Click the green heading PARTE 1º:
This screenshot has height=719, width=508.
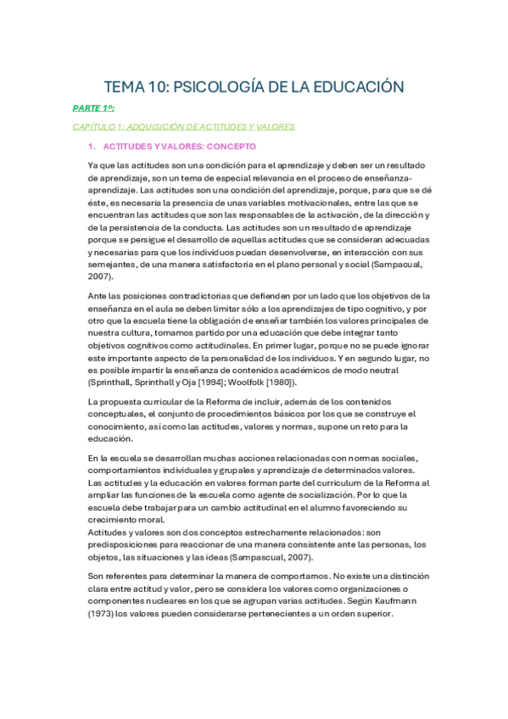(x=92, y=109)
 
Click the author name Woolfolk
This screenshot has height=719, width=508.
(x=276, y=383)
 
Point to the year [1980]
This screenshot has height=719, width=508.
(x=315, y=383)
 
